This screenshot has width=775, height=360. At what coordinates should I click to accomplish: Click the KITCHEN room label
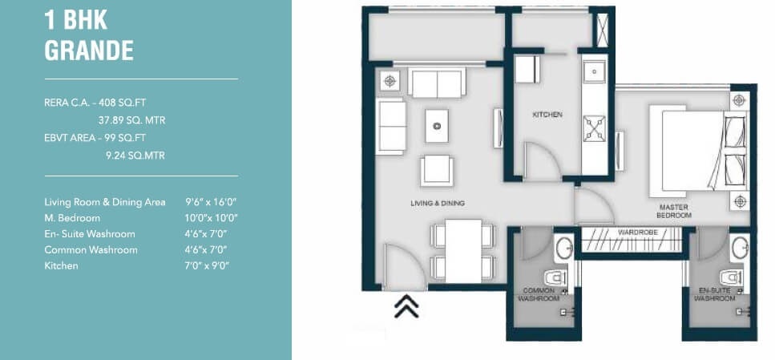point(547,114)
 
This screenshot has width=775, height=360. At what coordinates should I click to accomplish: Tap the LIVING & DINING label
point(438,203)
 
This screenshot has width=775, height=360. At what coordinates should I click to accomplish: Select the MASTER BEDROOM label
point(674,211)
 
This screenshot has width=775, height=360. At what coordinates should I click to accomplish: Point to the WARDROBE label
point(638,232)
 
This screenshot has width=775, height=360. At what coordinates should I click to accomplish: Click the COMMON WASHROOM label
point(539,295)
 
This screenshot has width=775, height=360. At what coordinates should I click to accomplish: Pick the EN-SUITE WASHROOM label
point(715,295)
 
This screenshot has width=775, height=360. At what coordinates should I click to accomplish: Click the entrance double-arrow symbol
point(406,306)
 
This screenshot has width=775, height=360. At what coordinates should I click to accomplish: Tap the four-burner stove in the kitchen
point(594,128)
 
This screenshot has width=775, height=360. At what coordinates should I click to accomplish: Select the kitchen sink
point(594,72)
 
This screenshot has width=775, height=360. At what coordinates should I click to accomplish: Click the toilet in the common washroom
point(556,278)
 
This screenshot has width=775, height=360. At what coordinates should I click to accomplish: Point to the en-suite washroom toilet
point(732,278)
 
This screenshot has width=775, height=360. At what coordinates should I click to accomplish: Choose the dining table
point(463,251)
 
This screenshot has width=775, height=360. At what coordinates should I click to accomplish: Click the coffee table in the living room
point(437,126)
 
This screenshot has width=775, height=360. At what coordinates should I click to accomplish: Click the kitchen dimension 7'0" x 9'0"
point(207,265)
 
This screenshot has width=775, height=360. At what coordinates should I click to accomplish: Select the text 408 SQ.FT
point(122,103)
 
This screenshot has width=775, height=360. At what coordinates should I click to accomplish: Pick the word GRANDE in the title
point(89,51)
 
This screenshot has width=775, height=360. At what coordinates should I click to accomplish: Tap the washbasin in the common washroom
point(563,249)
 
